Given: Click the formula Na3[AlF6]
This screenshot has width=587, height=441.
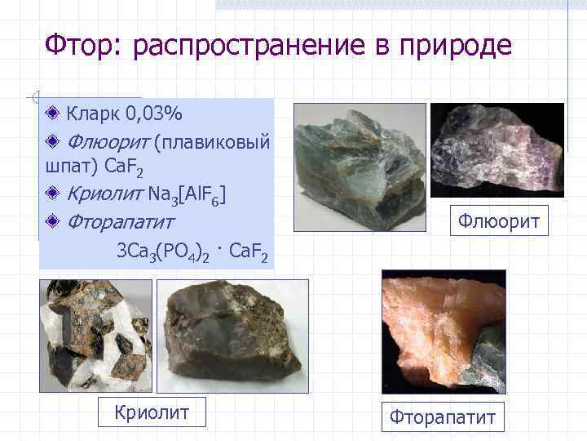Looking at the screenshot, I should [x=188, y=194].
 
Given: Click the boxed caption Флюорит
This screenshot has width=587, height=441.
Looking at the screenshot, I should [x=499, y=221].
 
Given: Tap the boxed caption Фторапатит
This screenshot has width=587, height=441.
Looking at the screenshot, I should [x=443, y=417].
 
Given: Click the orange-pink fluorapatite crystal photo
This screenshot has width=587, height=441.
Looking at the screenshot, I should [x=444, y=327].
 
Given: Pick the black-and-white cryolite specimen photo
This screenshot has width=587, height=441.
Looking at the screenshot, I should [x=96, y=335].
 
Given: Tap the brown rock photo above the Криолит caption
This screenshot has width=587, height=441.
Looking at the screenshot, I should [x=232, y=335].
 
